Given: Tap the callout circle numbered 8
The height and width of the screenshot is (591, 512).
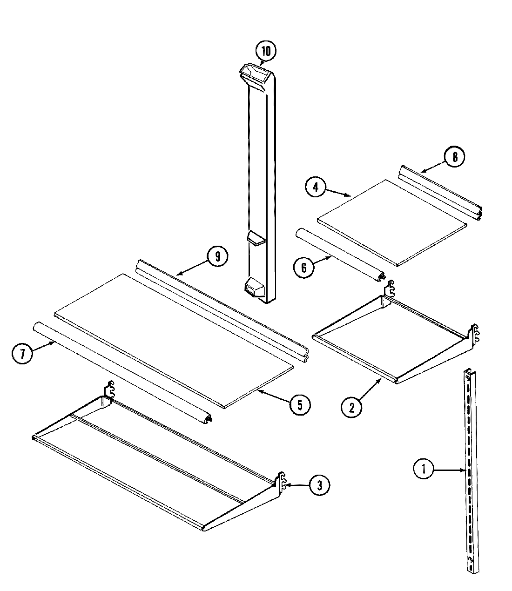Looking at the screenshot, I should pyautogui.click(x=455, y=157).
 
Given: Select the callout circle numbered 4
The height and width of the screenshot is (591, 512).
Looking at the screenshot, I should pyautogui.click(x=316, y=187).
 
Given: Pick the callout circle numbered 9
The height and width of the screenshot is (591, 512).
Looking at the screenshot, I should pyautogui.click(x=217, y=256).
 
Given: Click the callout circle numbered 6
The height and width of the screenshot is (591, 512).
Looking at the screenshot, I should pyautogui.click(x=303, y=267).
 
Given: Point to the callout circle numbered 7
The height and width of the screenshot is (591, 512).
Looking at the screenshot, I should pyautogui.click(x=21, y=354).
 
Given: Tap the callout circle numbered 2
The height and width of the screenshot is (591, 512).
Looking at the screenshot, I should pyautogui.click(x=352, y=407).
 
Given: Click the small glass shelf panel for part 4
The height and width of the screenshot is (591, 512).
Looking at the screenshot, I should pyautogui.click(x=391, y=222).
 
